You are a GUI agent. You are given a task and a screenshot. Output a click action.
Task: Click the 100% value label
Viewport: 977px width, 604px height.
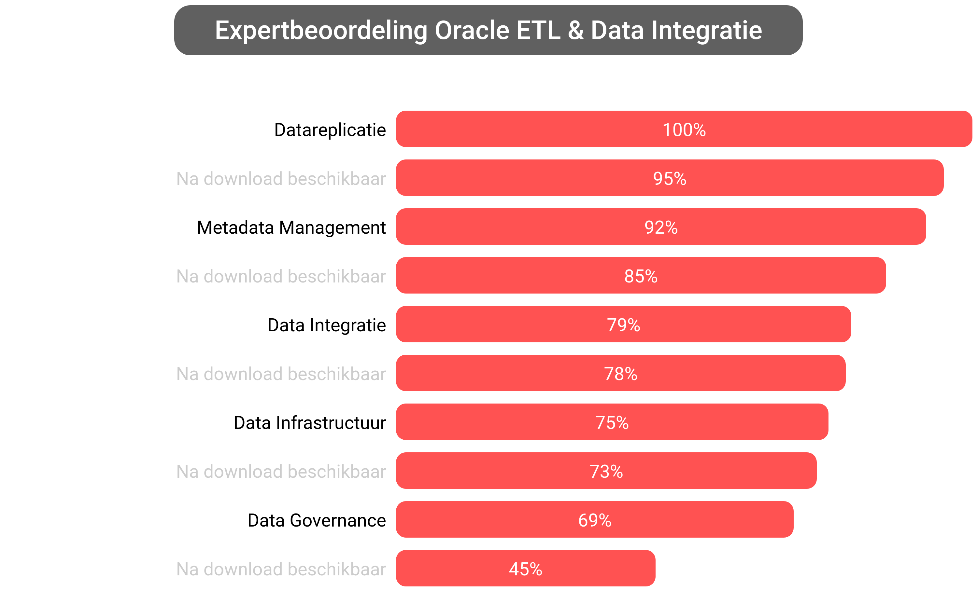[x=684, y=130]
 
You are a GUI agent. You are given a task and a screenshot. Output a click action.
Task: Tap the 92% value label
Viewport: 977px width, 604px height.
[x=661, y=227]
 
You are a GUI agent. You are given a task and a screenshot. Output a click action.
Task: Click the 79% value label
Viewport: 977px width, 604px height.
[x=623, y=325]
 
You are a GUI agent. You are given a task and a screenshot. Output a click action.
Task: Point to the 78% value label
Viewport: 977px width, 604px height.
[x=620, y=374]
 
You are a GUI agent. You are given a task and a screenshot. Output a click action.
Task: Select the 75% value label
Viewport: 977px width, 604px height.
[x=612, y=422]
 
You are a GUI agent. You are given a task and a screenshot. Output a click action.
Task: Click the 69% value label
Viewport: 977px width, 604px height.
[x=594, y=520]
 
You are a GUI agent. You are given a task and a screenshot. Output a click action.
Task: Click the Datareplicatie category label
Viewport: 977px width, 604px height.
[x=330, y=130]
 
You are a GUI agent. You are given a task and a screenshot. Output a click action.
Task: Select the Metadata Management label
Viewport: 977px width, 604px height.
[x=291, y=227]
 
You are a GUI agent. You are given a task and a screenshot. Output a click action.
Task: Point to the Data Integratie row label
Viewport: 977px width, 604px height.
[x=326, y=325]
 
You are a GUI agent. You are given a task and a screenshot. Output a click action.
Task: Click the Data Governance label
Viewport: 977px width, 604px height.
[x=316, y=520]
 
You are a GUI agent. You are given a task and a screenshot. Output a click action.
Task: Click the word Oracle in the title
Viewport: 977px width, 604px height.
[x=472, y=30]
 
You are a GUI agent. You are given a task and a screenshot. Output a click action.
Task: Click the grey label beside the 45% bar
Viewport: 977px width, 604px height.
[x=281, y=569]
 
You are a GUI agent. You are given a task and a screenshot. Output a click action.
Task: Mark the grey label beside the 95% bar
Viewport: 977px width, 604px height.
[x=281, y=179]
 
